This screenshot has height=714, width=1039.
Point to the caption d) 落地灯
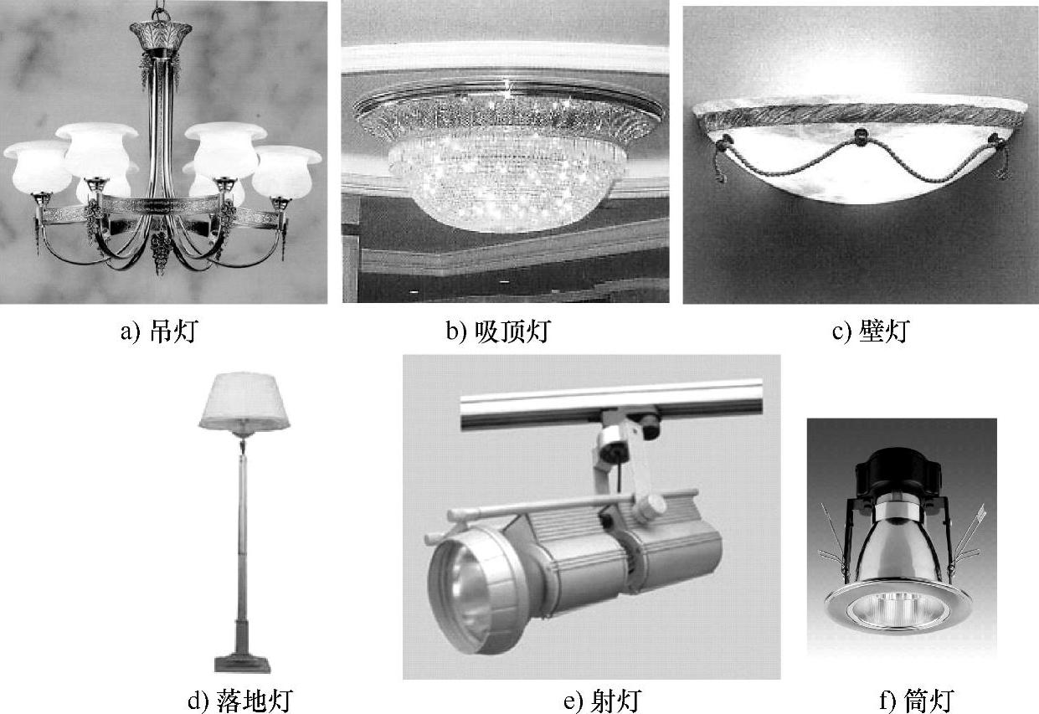coord(239,699)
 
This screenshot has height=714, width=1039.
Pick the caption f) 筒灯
coord(917,699)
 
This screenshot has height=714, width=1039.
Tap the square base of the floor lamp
coord(243,664)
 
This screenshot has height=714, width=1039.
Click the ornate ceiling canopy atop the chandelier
coord(160,34)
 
